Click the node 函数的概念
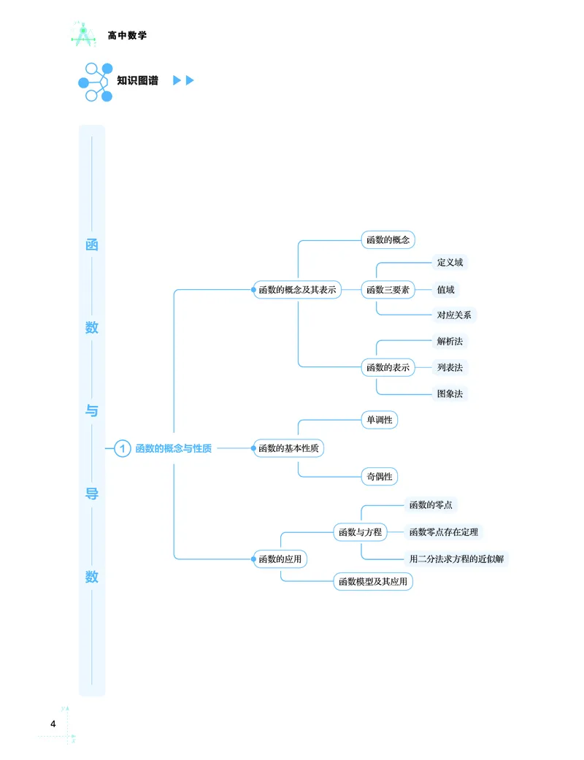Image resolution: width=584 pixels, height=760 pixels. click(388, 239)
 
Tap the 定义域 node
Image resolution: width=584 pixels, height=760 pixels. click(450, 262)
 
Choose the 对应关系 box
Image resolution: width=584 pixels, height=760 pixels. click(454, 315)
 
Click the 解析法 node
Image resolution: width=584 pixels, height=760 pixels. click(450, 341)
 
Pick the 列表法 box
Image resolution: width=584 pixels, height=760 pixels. click(450, 367)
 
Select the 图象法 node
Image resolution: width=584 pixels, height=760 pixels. click(450, 394)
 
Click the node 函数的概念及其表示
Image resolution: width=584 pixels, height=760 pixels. click(297, 290)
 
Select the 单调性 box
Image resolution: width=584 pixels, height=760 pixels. click(379, 420)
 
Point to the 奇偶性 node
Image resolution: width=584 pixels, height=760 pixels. click(379, 477)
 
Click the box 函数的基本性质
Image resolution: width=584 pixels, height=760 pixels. click(288, 448)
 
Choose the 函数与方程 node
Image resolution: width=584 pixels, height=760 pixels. click(360, 532)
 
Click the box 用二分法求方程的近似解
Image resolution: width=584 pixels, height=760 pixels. click(457, 559)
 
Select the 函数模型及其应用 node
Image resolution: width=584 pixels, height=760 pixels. click(373, 582)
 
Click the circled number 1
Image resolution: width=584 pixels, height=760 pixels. click(123, 448)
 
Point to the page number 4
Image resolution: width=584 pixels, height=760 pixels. click(53, 724)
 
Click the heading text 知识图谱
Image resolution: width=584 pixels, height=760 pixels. click(137, 80)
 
